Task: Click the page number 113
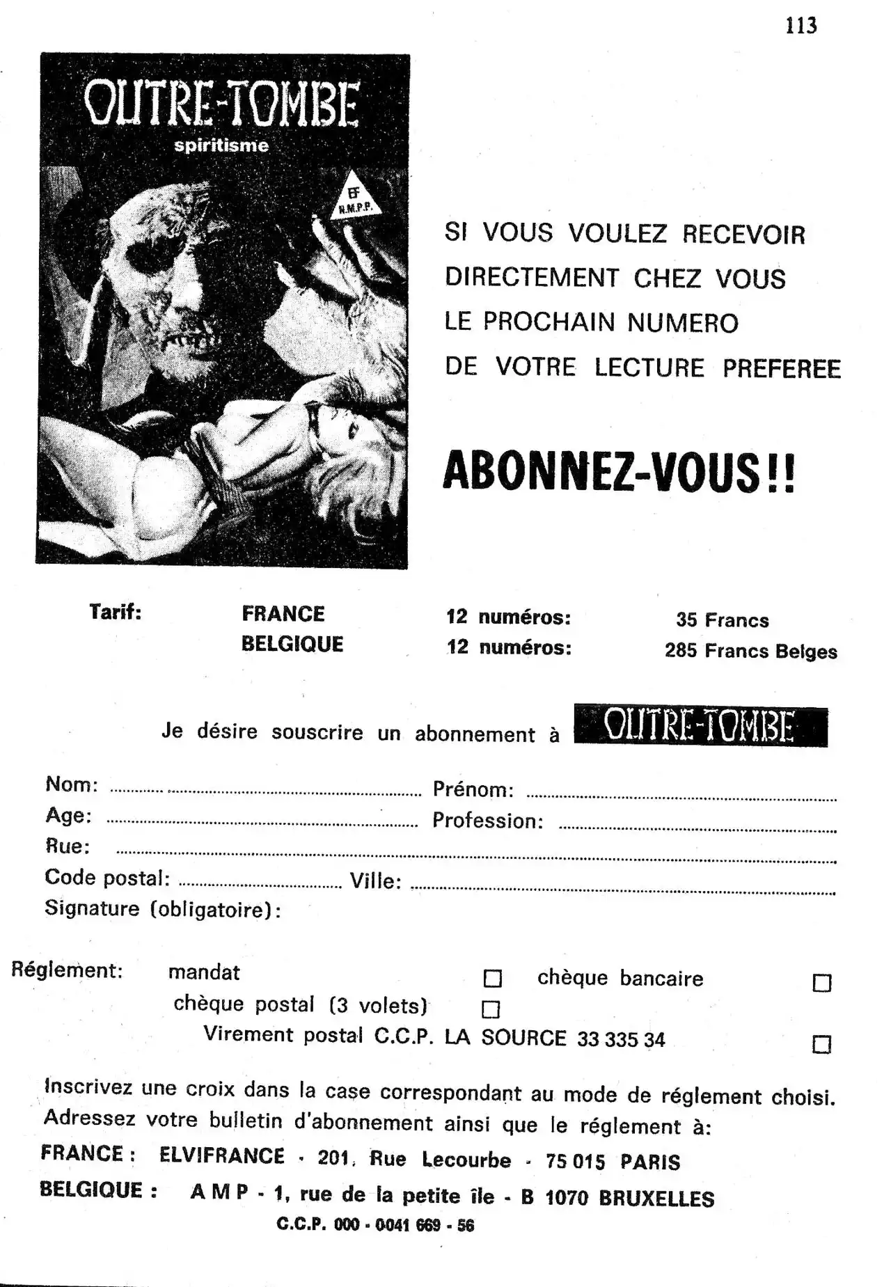[x=801, y=26]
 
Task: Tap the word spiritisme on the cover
[x=221, y=145]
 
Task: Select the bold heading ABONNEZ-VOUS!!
[x=618, y=472]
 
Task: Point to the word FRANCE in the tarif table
[x=283, y=613]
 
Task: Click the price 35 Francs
[x=722, y=619]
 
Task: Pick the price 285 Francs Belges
[x=750, y=651]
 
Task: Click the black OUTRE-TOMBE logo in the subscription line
[x=700, y=727]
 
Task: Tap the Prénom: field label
[x=473, y=789]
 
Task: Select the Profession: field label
[x=487, y=821]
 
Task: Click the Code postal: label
[x=107, y=877]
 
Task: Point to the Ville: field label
[x=375, y=881]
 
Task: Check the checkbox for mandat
[x=492, y=979]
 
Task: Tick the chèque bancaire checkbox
[x=822, y=983]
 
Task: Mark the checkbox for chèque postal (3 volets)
[x=491, y=1009]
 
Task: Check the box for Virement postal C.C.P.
[x=822, y=1044]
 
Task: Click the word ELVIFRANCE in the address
[x=221, y=1155]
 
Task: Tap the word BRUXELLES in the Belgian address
[x=656, y=1198]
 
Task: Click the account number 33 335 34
[x=621, y=1039]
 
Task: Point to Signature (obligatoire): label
[x=163, y=909]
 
